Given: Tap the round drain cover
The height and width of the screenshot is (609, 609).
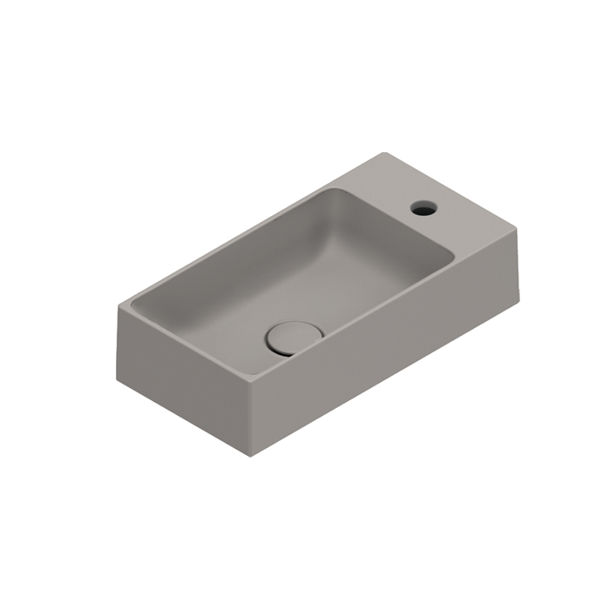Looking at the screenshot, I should pos(293,335).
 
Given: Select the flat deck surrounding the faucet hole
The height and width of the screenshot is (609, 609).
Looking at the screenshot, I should pos(409,196).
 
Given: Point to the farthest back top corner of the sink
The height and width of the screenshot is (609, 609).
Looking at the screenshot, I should pos(384,154).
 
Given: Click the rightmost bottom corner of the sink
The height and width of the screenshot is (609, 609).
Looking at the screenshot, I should pos(521,289).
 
